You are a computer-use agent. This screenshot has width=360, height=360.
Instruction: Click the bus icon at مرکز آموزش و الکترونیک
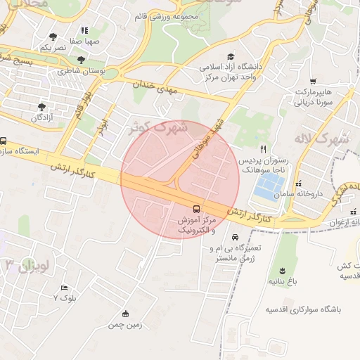tap(196, 209)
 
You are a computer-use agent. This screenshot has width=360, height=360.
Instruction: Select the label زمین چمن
tap(125, 326)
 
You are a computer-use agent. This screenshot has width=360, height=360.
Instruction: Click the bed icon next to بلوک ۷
tap(65, 288)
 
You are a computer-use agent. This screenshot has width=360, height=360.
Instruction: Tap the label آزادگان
tap(42, 117)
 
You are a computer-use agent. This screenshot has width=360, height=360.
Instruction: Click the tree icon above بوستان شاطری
tap(82, 60)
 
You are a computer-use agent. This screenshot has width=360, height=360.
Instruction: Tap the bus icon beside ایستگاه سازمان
tap(4, 141)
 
